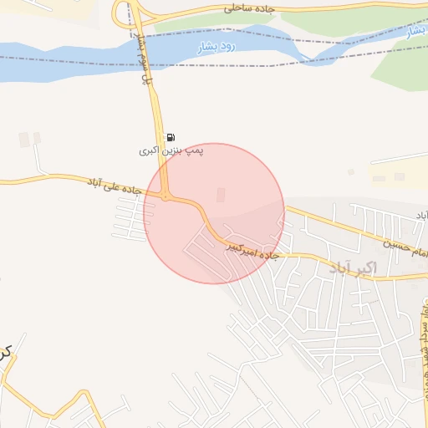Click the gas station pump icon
coord(171,137)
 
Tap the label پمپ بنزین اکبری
coord(171,150)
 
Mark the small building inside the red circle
coord(221,195)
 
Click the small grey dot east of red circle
coord(351,172)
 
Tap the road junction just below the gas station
coord(167,197)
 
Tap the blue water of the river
coord(67,63)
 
